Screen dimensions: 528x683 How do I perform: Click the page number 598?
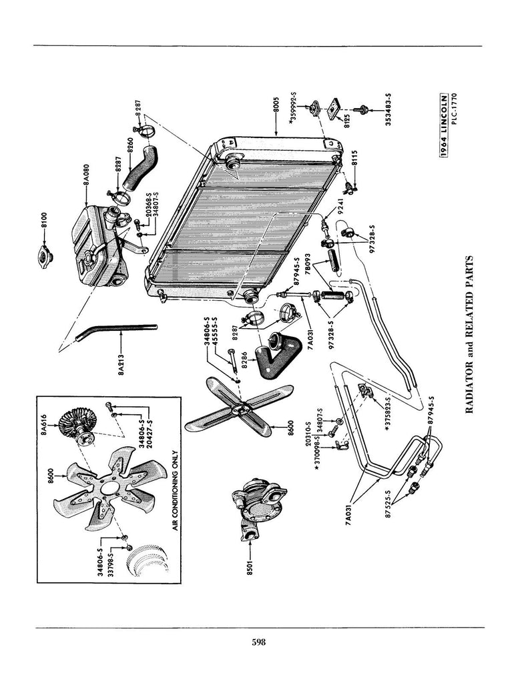click(258, 642)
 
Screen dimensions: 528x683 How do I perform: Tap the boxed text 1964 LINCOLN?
click(443, 125)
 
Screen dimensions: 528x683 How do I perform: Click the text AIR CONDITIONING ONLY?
click(176, 490)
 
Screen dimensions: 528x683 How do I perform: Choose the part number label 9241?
click(339, 205)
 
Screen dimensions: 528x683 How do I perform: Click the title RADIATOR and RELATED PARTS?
click(469, 335)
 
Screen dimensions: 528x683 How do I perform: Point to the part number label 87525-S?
click(388, 503)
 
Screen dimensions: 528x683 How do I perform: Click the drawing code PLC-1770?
click(455, 109)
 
